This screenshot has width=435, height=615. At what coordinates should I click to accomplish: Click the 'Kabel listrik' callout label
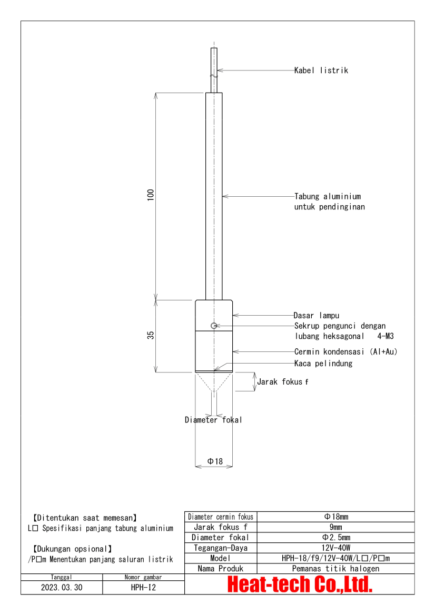(x=321, y=70)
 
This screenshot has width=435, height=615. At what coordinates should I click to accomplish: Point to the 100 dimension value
(x=150, y=194)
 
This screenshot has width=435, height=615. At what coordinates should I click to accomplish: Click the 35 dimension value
(x=150, y=336)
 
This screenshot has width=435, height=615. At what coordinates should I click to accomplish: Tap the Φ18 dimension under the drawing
(x=215, y=461)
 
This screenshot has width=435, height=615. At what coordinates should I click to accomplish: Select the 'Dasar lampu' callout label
(x=316, y=316)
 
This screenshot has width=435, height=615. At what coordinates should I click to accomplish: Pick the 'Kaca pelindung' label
(x=323, y=364)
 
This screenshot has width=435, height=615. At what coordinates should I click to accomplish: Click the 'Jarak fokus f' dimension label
(x=282, y=382)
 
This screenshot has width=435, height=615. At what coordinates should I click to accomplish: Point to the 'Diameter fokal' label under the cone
(x=213, y=420)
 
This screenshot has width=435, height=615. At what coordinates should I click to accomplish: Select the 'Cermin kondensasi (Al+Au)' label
(x=345, y=351)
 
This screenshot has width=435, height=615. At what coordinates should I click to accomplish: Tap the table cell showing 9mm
(x=335, y=527)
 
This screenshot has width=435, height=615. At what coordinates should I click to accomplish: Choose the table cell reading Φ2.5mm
(x=335, y=538)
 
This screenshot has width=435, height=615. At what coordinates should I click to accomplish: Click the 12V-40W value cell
(x=335, y=548)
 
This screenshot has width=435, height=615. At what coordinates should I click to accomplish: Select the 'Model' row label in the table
(x=221, y=558)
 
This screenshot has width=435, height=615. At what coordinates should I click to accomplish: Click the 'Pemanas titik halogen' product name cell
(x=335, y=569)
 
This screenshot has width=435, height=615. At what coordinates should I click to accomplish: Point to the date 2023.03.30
(x=62, y=587)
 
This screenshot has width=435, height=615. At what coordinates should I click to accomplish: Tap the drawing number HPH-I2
(x=143, y=587)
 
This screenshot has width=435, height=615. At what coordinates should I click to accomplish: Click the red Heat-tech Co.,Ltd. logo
(x=300, y=584)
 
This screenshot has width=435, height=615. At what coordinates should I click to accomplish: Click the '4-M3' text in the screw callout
(x=386, y=335)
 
